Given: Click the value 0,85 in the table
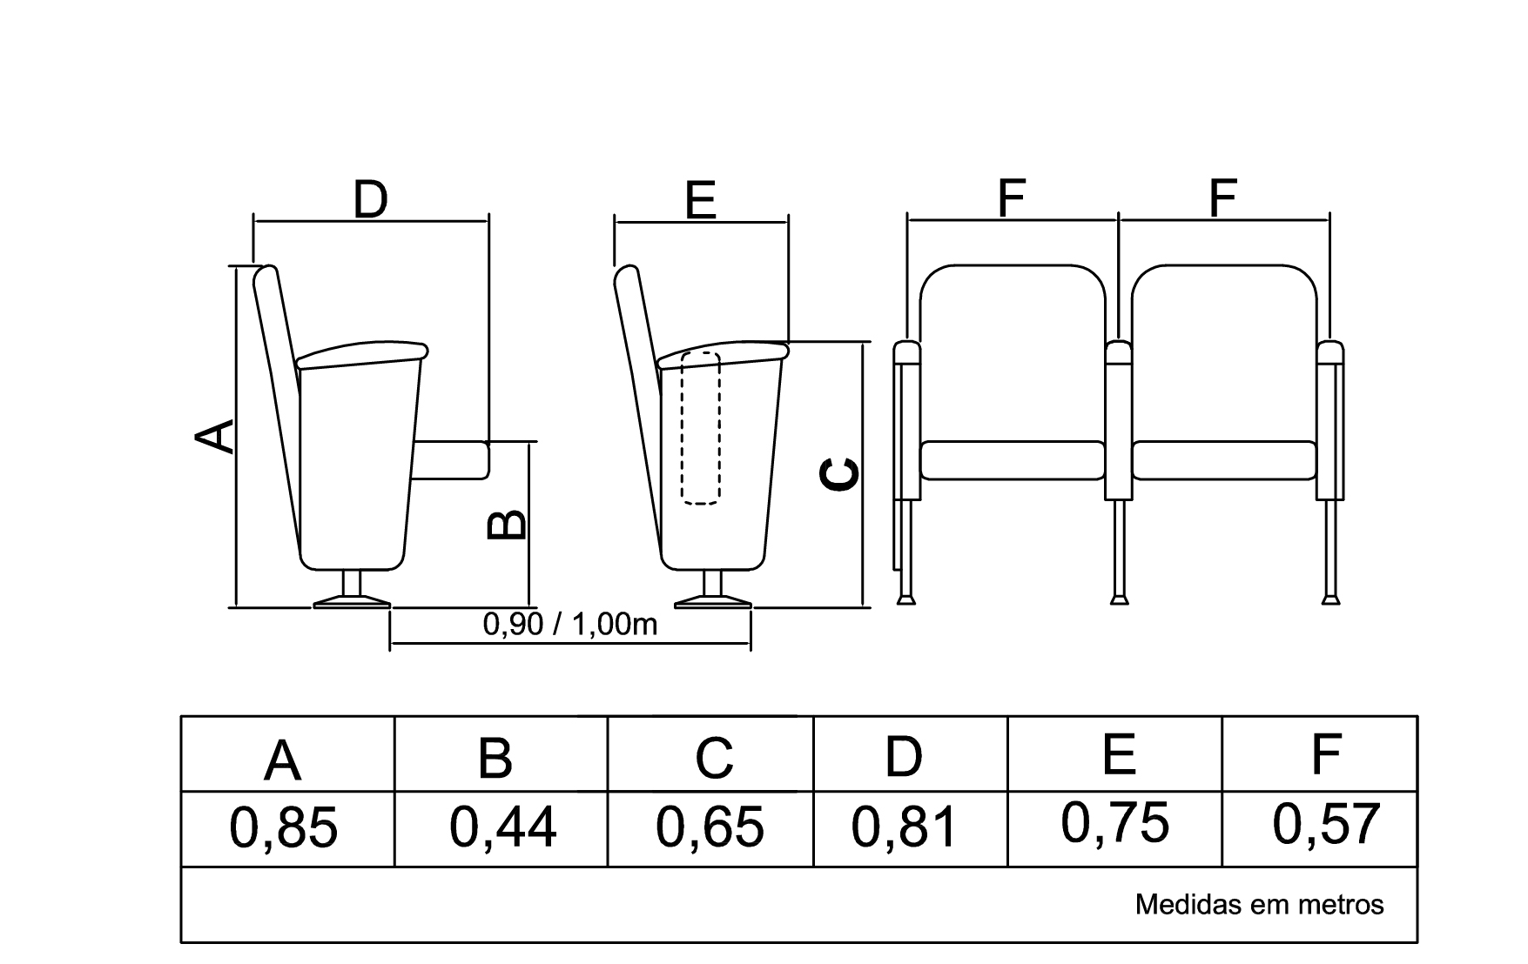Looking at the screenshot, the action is coord(283,827).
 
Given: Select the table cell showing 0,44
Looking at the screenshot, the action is coord(502,827).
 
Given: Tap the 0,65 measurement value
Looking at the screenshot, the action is coord(710,827).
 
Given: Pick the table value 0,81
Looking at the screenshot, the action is coord(905,827).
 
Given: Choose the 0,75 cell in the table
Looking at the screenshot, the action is coord(1115,823).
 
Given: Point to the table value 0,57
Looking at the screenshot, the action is coord(1326,824).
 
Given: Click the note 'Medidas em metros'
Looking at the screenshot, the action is coord(1259,905).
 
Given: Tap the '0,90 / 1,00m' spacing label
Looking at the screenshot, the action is coord(570,624).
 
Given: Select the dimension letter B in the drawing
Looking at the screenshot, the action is coord(505,524).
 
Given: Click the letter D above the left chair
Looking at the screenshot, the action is coord(370,199).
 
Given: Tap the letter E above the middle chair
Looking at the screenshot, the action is coord(700,200).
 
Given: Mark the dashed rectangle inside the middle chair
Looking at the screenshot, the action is coord(701,428).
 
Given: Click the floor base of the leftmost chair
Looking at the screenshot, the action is coord(352,601).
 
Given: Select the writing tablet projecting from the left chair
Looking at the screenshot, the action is coord(453,459).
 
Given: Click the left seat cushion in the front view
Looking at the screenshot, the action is coord(1013,460).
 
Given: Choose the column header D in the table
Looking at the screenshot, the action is coord(903,757).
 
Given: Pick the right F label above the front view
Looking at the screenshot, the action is coord(1223,198).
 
